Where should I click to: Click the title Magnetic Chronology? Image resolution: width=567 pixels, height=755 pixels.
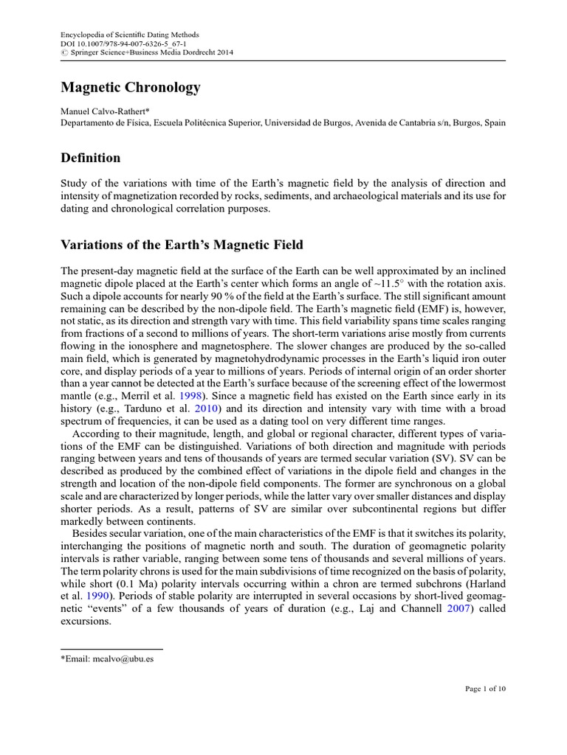(x=130, y=88)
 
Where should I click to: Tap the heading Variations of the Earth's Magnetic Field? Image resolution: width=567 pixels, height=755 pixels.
(x=182, y=245)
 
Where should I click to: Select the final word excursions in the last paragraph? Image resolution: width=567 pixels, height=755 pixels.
(x=85, y=622)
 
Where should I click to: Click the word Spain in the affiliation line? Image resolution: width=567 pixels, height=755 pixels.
(x=494, y=122)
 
